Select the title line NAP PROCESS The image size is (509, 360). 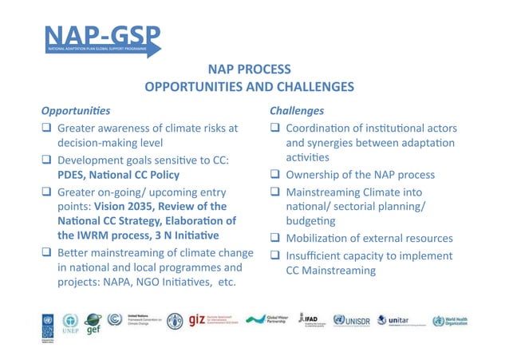[249, 69]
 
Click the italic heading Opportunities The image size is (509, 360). [76, 109]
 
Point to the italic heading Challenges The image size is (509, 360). [297, 109]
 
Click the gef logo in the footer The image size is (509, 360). [94, 321]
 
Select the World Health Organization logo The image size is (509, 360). [463, 321]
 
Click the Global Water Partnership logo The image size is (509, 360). [267, 321]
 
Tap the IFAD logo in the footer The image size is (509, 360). [310, 320]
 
